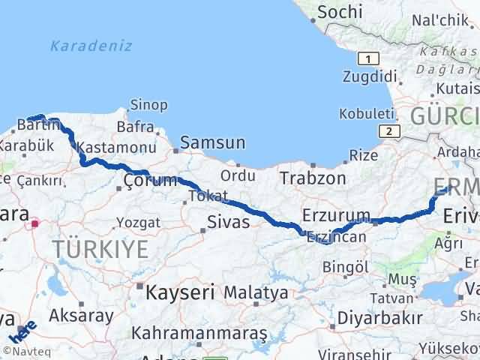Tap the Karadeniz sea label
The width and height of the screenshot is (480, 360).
[91, 46]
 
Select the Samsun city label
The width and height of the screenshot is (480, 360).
[213, 142]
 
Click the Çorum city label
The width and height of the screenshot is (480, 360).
[151, 180]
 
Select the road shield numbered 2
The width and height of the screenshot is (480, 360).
[388, 131]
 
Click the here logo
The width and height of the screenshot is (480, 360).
[25, 331]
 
